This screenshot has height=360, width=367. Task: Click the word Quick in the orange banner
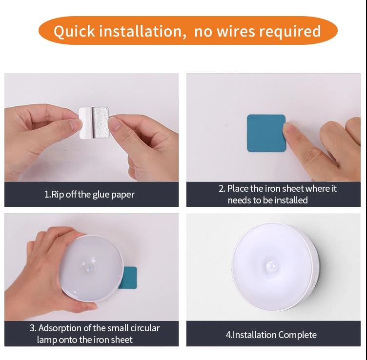[x=74, y=31]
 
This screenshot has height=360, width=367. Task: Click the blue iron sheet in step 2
[x=266, y=133]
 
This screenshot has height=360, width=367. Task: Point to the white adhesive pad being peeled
[x=94, y=122]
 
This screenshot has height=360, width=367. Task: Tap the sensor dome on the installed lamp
[x=272, y=266]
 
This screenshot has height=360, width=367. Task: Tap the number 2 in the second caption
[x=221, y=189]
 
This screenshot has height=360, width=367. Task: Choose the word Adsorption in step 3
[x=60, y=328]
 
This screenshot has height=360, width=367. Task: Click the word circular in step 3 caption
[x=145, y=328]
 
